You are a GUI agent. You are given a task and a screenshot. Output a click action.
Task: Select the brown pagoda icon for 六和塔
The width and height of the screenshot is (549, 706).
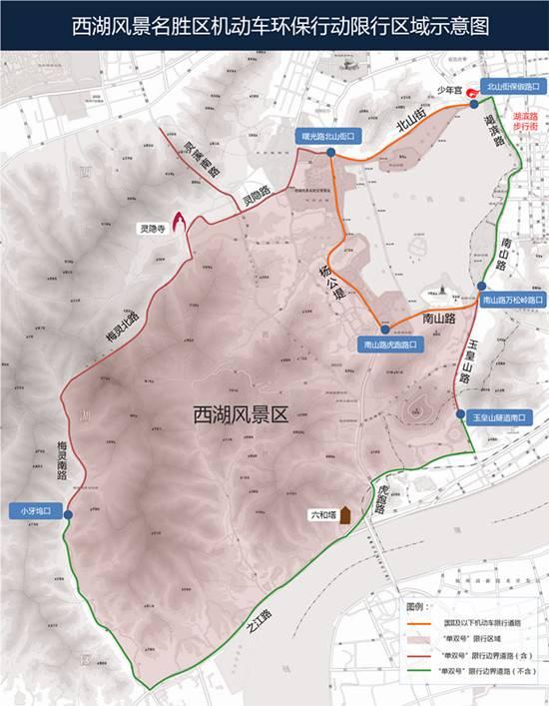click(x=344, y=515)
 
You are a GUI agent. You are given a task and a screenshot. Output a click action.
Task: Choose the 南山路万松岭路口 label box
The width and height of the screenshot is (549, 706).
click(x=512, y=300)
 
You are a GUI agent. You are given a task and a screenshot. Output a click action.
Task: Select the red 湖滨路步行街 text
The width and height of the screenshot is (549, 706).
click(x=524, y=123)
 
